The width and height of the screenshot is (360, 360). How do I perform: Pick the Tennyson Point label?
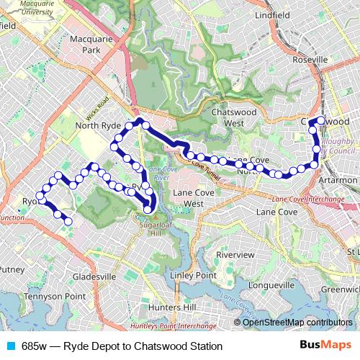[x=49, y=296]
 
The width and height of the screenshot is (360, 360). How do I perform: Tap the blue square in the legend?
[x=11, y=346]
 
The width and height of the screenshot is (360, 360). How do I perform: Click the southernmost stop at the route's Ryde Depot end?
[x=68, y=222]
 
